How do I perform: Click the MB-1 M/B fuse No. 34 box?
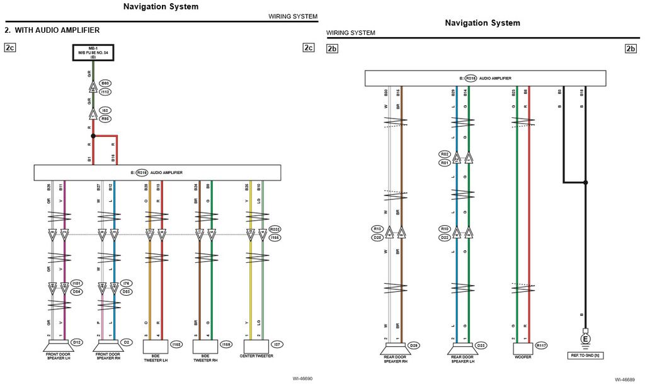click(x=92, y=52)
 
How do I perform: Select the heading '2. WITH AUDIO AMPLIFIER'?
click(x=52, y=30)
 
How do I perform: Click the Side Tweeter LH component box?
click(x=156, y=346)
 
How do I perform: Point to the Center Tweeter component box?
click(x=256, y=346)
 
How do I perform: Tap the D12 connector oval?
click(x=76, y=342)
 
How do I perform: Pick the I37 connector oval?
click(x=277, y=344)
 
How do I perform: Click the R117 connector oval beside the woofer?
click(x=541, y=346)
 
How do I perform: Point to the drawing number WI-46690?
click(x=302, y=378)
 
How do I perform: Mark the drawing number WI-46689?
click(x=624, y=380)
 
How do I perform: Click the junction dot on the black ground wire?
click(x=586, y=183)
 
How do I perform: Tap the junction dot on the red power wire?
click(x=93, y=136)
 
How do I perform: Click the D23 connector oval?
click(x=481, y=345)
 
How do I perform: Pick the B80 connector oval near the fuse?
click(x=105, y=83)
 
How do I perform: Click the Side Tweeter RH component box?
click(x=205, y=346)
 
